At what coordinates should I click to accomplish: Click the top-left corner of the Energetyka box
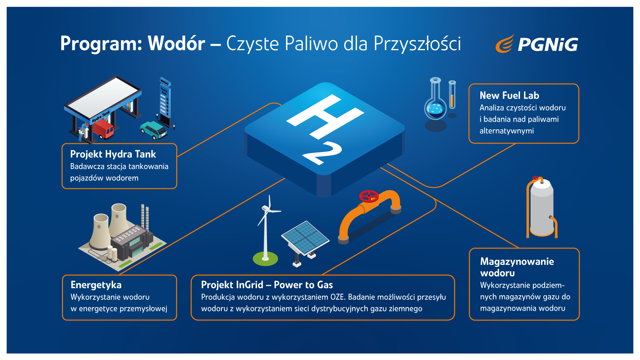[63, 275]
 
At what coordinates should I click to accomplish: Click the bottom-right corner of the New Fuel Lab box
[578, 143]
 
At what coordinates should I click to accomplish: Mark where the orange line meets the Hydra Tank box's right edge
[177, 157]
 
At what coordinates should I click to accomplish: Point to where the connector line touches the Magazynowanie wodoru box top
[519, 248]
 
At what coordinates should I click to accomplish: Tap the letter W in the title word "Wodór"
[158, 43]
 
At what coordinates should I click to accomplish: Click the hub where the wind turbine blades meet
[266, 209]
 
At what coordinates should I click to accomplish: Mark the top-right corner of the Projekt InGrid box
[454, 276]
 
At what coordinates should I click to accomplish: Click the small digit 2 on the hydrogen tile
[322, 153]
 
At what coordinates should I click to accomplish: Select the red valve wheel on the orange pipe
[369, 196]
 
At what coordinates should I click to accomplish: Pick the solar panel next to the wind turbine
[305, 238]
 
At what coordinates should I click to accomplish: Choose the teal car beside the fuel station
[154, 130]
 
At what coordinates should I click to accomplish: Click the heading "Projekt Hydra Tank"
[113, 154]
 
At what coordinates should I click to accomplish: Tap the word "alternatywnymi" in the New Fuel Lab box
[507, 131]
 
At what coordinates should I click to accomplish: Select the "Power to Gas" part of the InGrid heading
[303, 285]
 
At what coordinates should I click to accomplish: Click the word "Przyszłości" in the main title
[417, 44]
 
